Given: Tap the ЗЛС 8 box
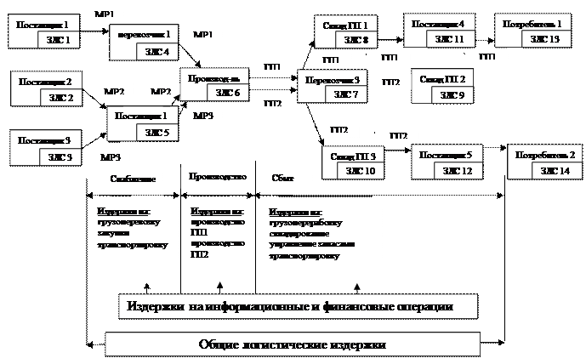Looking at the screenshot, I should coord(356,40).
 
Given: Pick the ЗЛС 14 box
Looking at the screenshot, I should coord(558,171).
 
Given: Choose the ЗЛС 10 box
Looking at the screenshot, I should coord(356,171).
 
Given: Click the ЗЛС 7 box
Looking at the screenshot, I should coord(346,94).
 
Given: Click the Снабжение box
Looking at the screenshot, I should coord(133,179).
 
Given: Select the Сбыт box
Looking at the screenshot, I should coord(283,178).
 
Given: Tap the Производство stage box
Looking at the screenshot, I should coord(216,177).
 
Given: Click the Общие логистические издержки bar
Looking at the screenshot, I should coord(292,344).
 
